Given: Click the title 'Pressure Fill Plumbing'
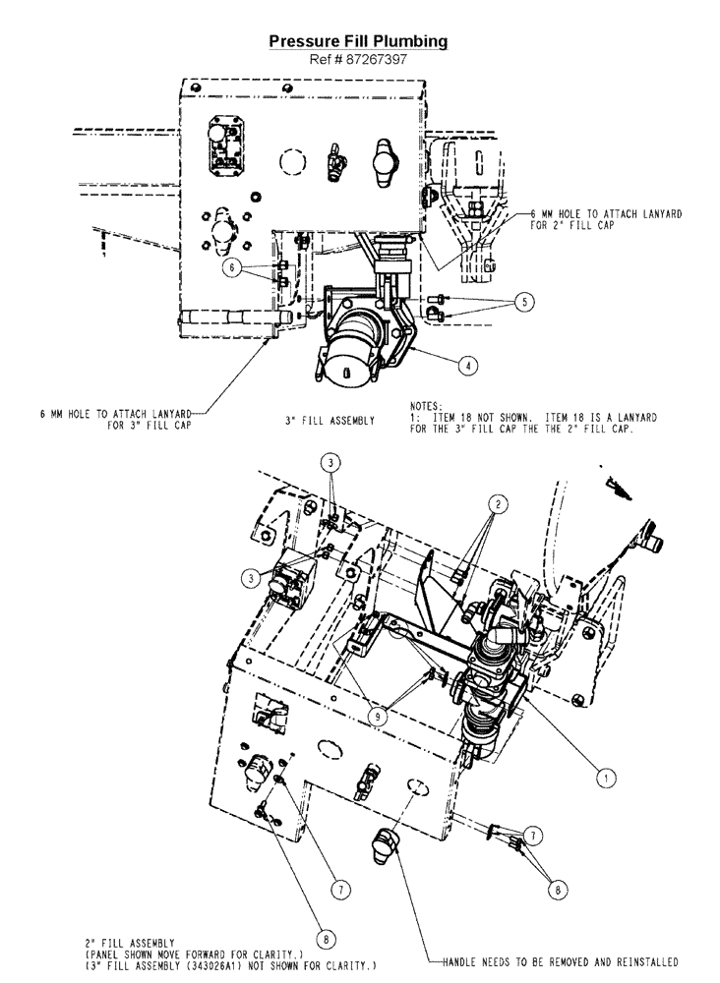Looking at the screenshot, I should (359, 41).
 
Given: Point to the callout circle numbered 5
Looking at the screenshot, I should (524, 302).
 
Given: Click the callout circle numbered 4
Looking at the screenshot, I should (469, 363).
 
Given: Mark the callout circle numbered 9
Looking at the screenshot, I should (378, 717).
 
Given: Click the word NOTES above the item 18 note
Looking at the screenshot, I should (424, 404).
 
